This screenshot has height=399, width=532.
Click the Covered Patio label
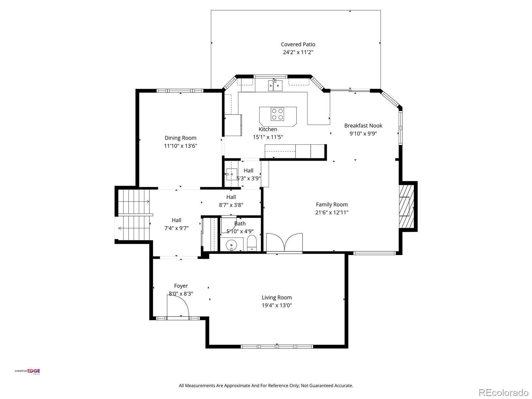[x=298, y=44]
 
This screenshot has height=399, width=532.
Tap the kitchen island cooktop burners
[x=277, y=114]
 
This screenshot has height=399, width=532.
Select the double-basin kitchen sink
[x=275, y=85]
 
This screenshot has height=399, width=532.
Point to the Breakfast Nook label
[x=363, y=125]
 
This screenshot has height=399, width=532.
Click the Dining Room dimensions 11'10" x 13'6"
[x=180, y=146]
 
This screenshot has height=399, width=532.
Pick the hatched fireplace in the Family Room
[x=406, y=206]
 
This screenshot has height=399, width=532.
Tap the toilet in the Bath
[x=252, y=243]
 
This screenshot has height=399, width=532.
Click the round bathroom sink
[x=231, y=245]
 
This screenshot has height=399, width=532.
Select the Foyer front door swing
[x=178, y=306]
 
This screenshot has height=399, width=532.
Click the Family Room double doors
[x=284, y=242]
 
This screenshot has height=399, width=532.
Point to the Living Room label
[x=277, y=298]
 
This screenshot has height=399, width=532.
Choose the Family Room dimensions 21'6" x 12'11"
[x=332, y=212]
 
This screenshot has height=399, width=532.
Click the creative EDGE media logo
[x=27, y=371]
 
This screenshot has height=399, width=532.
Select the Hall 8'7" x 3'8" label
[x=231, y=201]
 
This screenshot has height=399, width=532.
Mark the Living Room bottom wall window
[x=277, y=347]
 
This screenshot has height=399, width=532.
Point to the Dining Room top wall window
[x=180, y=91]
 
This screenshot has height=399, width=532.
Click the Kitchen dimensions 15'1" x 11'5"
[x=268, y=137]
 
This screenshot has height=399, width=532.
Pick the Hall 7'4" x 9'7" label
[x=177, y=224]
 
